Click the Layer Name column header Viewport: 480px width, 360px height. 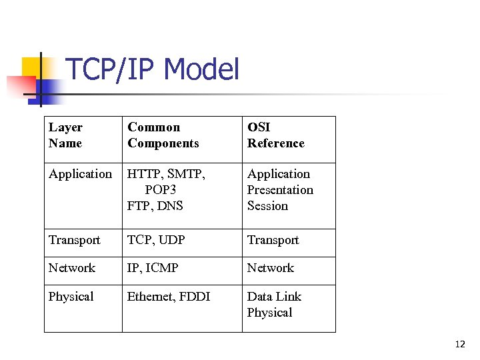tap(65, 135)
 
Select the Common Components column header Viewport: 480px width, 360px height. tap(163, 135)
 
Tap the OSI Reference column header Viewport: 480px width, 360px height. tap(275, 135)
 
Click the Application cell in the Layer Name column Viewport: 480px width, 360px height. tap(80, 174)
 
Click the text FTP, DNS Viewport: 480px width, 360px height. tap(155, 206)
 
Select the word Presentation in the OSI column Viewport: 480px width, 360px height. tap(280, 190)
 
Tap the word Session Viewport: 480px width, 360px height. tap(267, 206)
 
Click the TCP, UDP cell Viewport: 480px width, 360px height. tap(156, 240)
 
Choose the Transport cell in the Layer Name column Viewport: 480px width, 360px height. tap(74, 240)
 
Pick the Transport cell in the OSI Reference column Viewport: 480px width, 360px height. tap(273, 240)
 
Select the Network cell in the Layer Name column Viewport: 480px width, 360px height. tap(71, 268)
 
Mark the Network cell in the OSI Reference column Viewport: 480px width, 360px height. tap(270, 268)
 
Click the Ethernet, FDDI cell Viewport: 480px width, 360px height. tap(168, 297)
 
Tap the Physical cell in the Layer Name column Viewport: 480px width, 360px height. tap(71, 297)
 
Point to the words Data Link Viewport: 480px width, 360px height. tap(274, 297)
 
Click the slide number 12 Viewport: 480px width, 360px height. tap(459, 345)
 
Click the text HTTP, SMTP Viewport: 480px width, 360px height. tap(166, 174)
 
